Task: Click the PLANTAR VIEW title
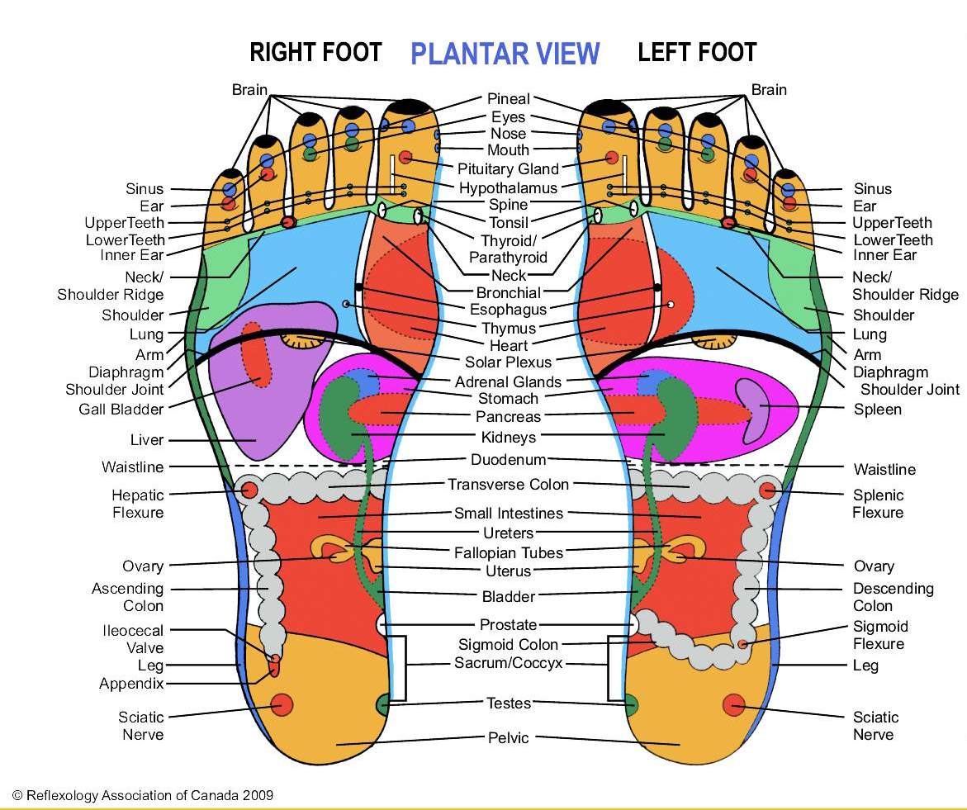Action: [x=505, y=54]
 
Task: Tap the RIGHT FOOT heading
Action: [x=315, y=53]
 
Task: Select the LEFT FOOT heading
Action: [x=697, y=53]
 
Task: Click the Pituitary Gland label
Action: [x=509, y=169]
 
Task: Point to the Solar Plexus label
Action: [x=509, y=362]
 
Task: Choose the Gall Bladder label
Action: [x=121, y=409]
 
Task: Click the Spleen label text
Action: [x=878, y=409]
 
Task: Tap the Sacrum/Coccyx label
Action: [x=509, y=663]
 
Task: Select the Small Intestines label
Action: [x=509, y=514]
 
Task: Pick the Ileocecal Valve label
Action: [x=132, y=639]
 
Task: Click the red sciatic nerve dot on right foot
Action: [x=282, y=704]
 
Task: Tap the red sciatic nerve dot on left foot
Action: [x=733, y=705]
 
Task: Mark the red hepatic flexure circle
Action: [x=249, y=490]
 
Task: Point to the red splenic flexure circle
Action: [x=767, y=490]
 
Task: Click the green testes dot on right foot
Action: [x=384, y=704]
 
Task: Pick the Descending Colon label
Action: [x=893, y=597]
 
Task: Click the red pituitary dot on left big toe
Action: [x=611, y=158]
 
